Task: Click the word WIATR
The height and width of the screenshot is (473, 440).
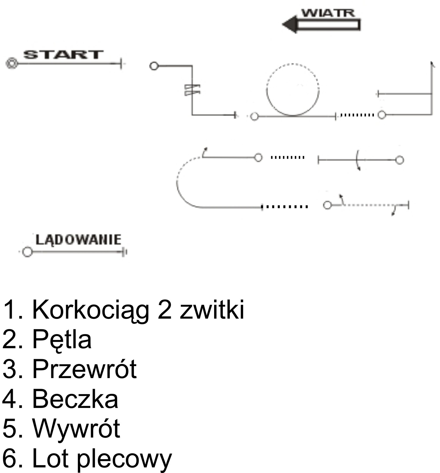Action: pos(328,13)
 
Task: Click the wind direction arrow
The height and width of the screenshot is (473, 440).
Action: pos(321,25)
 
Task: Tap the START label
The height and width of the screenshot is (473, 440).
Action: pos(63,55)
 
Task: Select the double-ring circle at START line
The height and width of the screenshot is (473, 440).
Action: pos(12,63)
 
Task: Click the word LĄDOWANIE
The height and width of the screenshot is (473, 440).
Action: pos(78,240)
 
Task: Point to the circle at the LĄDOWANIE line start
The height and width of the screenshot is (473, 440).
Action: pos(27,252)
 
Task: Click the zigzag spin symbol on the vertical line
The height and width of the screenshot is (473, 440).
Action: pos(192,90)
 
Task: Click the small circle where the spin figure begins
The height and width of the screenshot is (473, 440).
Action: pos(154,66)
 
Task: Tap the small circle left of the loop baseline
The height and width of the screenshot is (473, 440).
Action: pos(255,117)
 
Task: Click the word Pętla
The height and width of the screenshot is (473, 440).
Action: pos(62,339)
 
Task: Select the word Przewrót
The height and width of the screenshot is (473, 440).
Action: pos(84,369)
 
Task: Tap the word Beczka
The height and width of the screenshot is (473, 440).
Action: pos(75,399)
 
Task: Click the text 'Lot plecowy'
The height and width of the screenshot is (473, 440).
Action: pos(102,459)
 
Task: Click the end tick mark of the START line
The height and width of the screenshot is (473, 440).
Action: pos(121,63)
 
